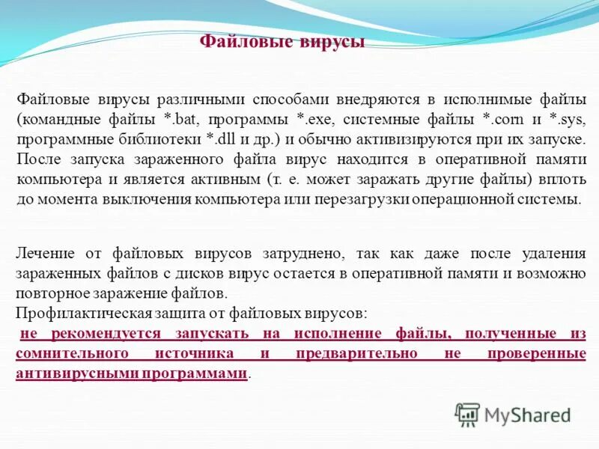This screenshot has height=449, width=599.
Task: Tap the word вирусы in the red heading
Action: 327,42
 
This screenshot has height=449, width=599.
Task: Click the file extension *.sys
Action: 568,119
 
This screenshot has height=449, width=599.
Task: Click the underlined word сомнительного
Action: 73,352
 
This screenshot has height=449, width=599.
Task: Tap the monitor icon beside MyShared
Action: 468,414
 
